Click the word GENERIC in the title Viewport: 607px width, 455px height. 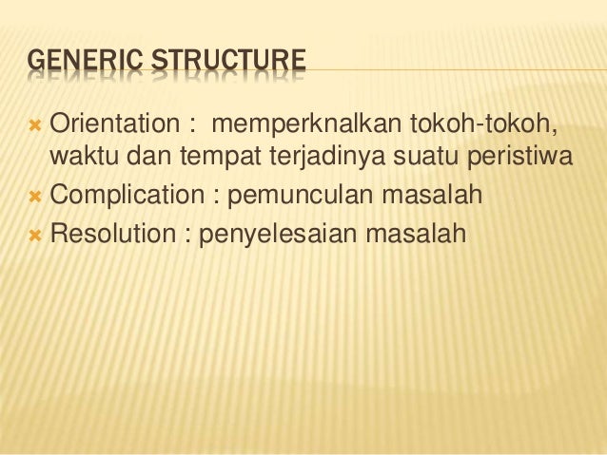[x=74, y=64]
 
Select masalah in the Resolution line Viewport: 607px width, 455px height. [x=420, y=231]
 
